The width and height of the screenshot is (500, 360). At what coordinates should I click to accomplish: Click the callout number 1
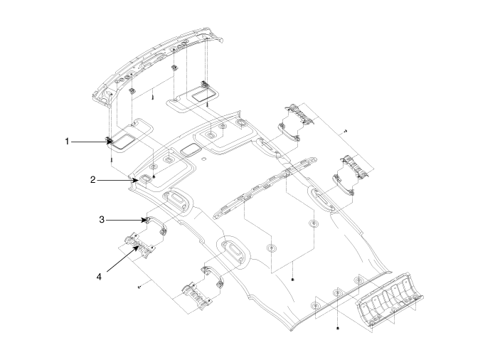[x=68, y=142]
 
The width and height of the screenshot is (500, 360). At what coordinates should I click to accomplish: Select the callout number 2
[x=92, y=180]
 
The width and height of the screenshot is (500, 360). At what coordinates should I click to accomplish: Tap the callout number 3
[x=102, y=219]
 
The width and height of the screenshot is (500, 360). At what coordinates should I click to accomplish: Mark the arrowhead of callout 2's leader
[x=139, y=180]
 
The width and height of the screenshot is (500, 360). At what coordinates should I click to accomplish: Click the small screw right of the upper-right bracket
[x=345, y=131]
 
